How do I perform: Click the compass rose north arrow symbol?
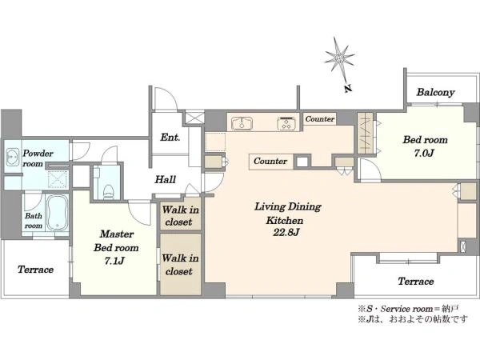(339, 58)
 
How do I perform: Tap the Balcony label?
(435, 92)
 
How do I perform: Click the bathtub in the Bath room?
(58, 212)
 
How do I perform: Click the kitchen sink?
(242, 123)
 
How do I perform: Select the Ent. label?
(170, 138)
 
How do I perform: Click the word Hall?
(166, 179)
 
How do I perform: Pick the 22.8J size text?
(286, 232)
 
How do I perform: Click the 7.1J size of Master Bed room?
(114, 261)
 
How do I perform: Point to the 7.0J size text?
(424, 153)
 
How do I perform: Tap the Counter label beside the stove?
(320, 118)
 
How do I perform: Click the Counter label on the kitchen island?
(270, 161)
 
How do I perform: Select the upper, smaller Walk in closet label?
(180, 215)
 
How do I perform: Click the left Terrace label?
(35, 270)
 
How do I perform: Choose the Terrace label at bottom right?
(416, 281)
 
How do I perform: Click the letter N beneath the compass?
(347, 89)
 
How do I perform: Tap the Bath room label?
(34, 221)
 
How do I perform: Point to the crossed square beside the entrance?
(194, 118)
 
